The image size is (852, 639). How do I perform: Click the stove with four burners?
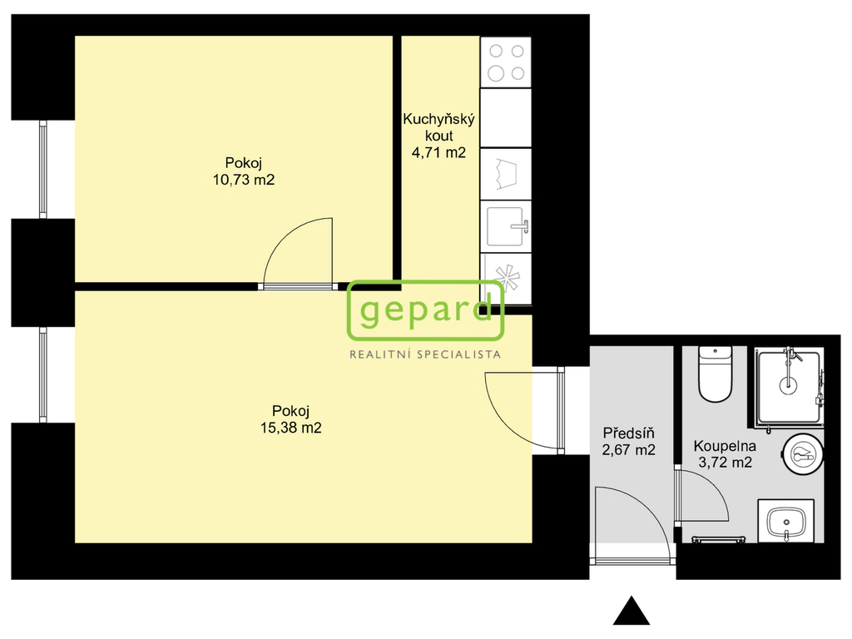point(506,62)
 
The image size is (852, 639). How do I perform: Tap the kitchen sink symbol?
point(506,226)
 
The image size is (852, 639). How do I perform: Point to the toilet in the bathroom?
point(715,374)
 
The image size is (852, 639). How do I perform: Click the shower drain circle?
point(787,385)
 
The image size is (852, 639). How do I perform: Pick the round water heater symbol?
point(803,454)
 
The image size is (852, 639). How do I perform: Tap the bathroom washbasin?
point(785,522)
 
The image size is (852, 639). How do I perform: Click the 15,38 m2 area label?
point(290,428)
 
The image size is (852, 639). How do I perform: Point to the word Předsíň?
point(629,433)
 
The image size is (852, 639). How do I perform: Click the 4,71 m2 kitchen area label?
point(438,152)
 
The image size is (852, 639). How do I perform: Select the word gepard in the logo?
point(425,311)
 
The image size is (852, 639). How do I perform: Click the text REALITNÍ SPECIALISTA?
point(425,354)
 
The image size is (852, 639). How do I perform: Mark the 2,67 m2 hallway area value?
point(629,450)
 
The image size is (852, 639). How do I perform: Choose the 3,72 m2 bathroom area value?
point(724,463)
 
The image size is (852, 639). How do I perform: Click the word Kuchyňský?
point(438,120)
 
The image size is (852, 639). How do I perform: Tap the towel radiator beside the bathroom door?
point(719,539)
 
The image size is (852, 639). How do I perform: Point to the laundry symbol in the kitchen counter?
point(506,172)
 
